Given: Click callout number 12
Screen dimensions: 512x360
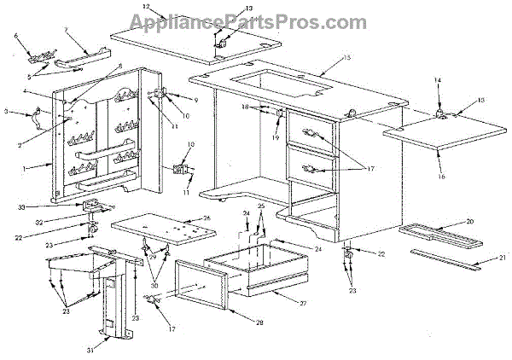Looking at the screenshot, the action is (146, 7).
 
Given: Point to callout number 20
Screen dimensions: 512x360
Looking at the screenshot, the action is (494, 222).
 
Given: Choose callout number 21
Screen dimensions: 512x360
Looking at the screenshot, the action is (503, 258).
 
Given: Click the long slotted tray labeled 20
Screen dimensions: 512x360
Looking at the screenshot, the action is (445, 231).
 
